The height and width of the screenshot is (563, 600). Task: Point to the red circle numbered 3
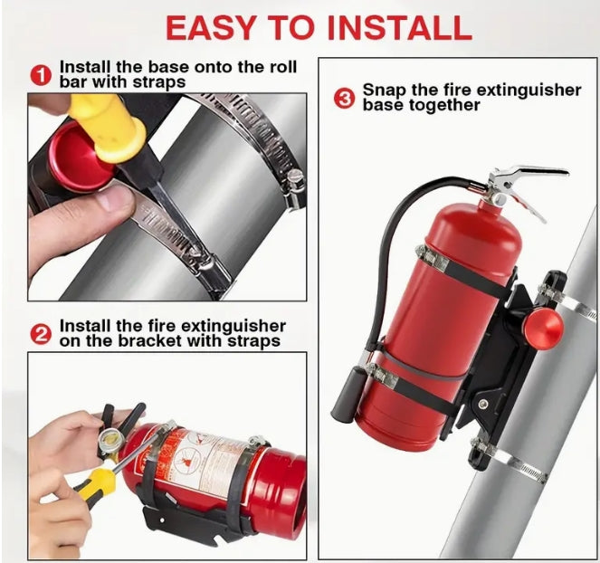point(344,98)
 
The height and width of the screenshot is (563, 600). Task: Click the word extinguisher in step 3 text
point(529,91)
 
